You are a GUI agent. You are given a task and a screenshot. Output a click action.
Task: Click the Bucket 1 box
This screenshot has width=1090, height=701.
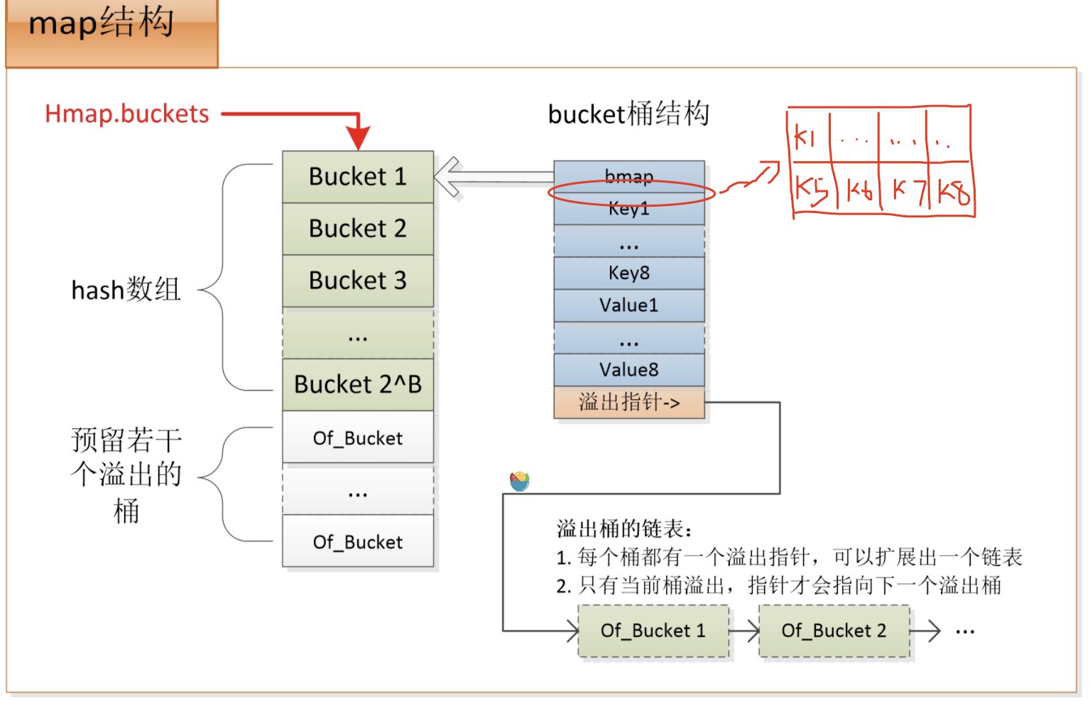pos(358,176)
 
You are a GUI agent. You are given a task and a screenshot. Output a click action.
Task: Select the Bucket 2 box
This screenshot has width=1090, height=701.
pos(358,229)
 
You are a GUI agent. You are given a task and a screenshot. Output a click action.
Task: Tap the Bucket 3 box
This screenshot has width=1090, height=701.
pos(358,281)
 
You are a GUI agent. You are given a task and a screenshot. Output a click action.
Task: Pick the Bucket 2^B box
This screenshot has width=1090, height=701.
pos(358,384)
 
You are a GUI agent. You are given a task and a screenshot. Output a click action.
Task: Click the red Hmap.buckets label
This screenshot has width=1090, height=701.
pos(127,114)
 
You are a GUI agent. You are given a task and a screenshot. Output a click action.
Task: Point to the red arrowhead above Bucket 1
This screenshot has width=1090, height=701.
pos(359,136)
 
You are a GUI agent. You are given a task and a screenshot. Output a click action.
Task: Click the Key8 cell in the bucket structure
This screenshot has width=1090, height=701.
pos(629,273)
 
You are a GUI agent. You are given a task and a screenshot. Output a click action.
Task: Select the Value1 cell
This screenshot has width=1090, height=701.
pos(629,305)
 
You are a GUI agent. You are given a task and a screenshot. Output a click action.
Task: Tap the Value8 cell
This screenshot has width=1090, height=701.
pos(629,369)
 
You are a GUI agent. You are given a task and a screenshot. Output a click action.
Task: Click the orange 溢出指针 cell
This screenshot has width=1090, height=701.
pos(629,403)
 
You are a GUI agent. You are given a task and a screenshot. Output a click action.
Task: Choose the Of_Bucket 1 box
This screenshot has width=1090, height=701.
pos(653,631)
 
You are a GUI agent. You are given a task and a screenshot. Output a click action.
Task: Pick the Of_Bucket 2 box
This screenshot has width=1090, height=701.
pos(834,631)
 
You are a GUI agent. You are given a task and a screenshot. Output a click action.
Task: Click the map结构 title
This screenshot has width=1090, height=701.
pos(102,23)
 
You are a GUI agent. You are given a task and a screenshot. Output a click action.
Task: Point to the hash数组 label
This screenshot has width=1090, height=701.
pos(126,290)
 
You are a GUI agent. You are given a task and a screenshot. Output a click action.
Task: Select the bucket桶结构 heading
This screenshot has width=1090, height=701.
pos(628,114)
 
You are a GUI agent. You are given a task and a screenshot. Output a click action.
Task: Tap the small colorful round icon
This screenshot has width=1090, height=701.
pos(520,481)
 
